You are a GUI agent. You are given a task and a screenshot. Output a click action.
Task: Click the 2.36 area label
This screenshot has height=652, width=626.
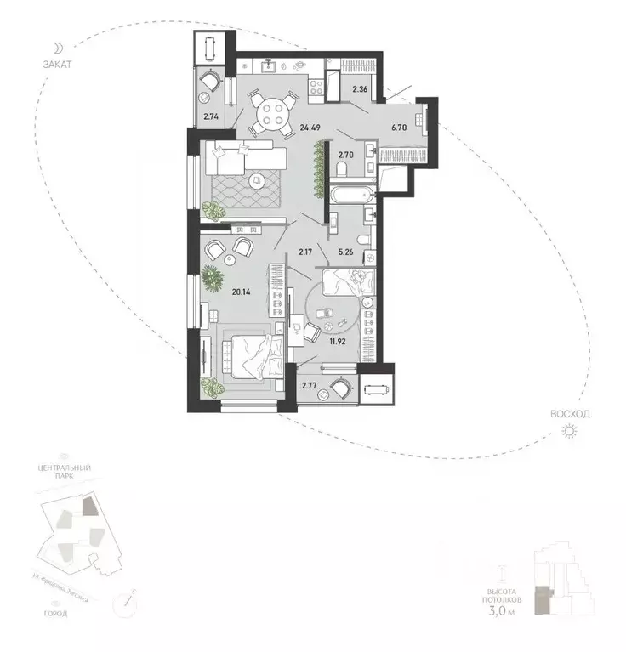click(361, 88)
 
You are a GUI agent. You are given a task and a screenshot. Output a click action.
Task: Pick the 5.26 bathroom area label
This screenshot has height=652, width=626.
click(346, 250)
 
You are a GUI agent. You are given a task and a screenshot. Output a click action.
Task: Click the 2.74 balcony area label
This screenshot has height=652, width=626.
click(210, 118)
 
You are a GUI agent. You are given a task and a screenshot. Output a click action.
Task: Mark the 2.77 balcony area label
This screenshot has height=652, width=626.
click(311, 387)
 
